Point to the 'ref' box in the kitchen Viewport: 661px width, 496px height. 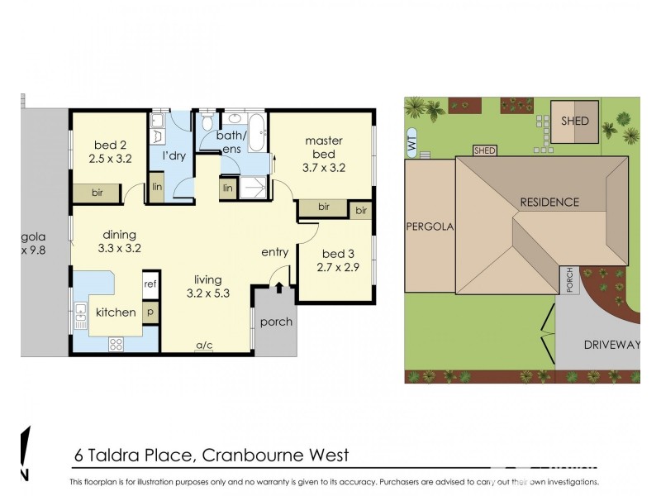150,284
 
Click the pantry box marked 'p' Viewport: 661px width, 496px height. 150,312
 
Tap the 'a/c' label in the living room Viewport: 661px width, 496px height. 203,346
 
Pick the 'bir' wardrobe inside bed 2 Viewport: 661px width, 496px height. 97,193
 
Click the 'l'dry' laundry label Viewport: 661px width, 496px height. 173,155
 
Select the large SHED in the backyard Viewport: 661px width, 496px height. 575,121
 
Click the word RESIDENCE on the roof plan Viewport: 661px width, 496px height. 549,202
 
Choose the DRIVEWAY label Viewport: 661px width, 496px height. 610,345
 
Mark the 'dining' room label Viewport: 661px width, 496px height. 120,235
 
